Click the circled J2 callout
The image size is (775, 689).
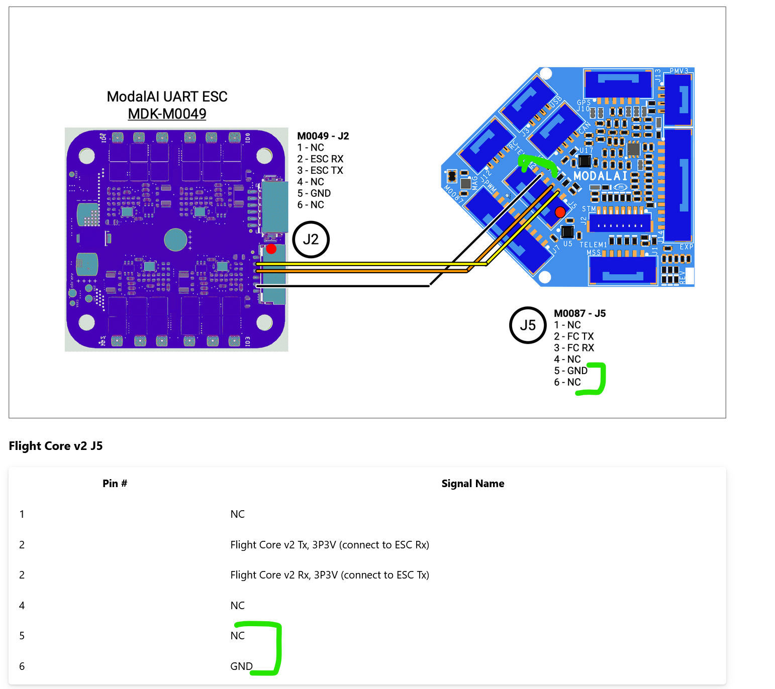tap(311, 240)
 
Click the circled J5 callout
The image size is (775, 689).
tap(528, 325)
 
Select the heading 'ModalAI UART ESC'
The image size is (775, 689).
tap(167, 96)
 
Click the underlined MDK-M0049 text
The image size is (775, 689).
tap(167, 114)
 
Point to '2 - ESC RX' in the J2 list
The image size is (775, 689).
tap(320, 159)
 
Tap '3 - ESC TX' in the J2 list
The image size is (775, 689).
tap(320, 171)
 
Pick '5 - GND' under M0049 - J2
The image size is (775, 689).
tap(314, 193)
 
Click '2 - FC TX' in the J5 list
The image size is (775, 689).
tap(574, 336)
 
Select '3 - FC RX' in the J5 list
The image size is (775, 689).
tap(574, 348)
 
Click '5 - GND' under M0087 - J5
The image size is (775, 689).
tap(571, 371)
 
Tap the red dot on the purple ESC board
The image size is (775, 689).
tap(271, 249)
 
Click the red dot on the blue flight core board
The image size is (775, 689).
tap(560, 212)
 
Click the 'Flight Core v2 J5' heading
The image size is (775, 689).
tap(56, 446)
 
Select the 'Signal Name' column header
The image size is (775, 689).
tap(472, 484)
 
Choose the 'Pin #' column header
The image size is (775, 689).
tap(115, 484)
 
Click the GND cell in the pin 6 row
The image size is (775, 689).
tap(241, 666)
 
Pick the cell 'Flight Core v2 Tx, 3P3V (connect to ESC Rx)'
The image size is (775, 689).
tap(330, 545)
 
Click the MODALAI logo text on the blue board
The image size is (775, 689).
tap(601, 176)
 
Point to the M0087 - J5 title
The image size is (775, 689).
tap(579, 314)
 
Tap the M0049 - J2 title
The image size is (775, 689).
tap(323, 136)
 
